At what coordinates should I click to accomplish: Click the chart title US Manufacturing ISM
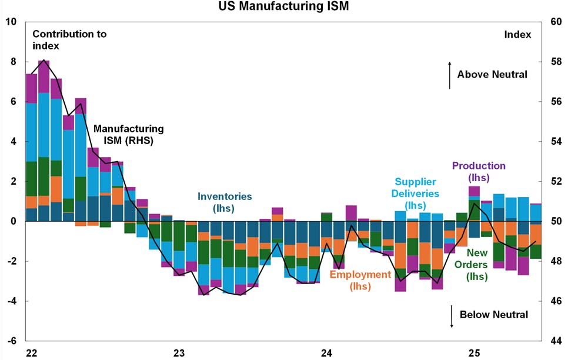pos(283,7)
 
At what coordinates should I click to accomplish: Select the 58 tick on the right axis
pos(556,62)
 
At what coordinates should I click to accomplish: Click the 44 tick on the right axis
pos(556,341)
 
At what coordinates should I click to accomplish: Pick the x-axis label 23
pos(179,353)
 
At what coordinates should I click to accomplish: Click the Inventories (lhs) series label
pos(225,202)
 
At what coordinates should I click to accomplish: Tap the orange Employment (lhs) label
pos(360,280)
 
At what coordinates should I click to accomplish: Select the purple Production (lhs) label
pos(479,171)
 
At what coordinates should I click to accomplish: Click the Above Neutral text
pos(492,75)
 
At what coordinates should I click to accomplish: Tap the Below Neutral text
pos(494,315)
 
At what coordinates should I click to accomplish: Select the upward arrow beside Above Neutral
pos(450,75)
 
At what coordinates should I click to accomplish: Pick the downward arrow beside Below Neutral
pos(451,316)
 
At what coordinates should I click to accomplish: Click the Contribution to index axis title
pos(69,40)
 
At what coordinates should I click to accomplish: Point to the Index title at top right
pos(517,35)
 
